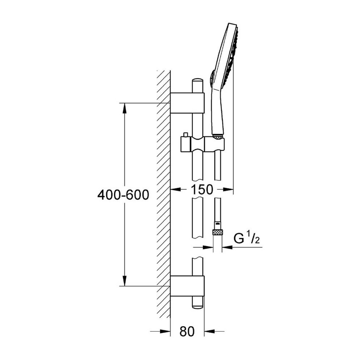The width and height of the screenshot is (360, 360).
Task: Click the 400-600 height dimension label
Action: point(123,194)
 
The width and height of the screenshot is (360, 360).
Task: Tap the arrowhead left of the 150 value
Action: point(175,190)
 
